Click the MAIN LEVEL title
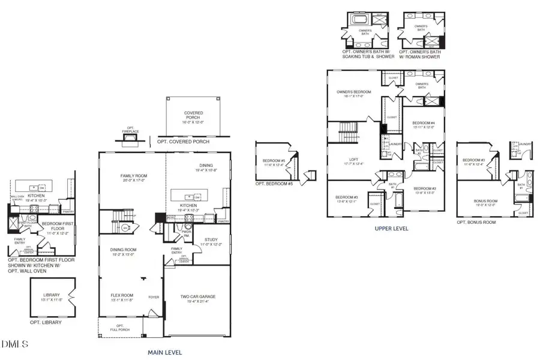click(164, 352)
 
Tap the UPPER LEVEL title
click(391, 229)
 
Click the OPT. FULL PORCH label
click(120, 328)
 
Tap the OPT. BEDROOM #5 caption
click(274, 184)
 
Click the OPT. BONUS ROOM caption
click(478, 222)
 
